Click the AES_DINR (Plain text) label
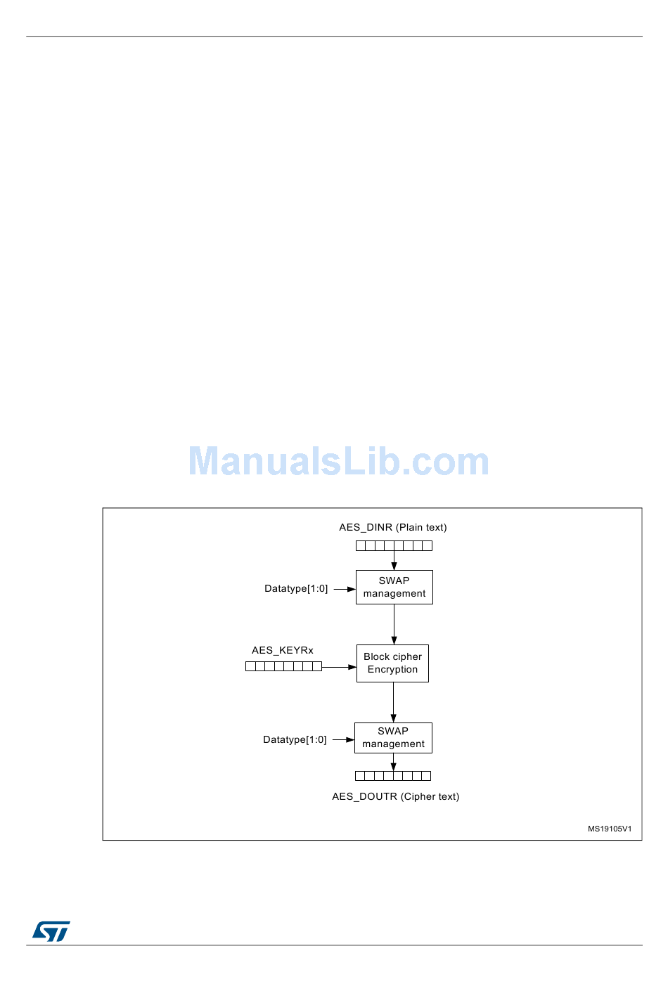(392, 527)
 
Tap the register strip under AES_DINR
(394, 545)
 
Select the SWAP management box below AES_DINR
(394, 587)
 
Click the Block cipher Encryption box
(392, 663)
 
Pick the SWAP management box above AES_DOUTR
(393, 738)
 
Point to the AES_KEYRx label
(283, 650)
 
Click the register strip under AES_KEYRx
(283, 666)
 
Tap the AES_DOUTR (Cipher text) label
(395, 796)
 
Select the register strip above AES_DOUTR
(393, 776)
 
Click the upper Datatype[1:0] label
(296, 588)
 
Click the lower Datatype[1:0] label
(295, 739)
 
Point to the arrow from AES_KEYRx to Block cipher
(339, 666)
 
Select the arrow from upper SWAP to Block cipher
(394, 624)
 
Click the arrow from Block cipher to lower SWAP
(393, 702)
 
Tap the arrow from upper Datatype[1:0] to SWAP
(344, 589)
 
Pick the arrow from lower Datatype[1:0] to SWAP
(343, 739)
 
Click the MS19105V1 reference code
(610, 829)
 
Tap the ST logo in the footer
(51, 931)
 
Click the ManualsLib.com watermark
(338, 462)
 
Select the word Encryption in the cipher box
(392, 669)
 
